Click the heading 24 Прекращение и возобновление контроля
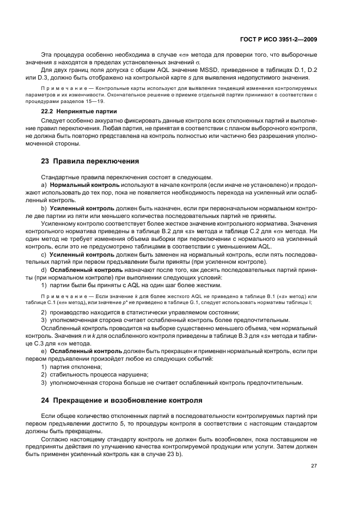click(x=122, y=400)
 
